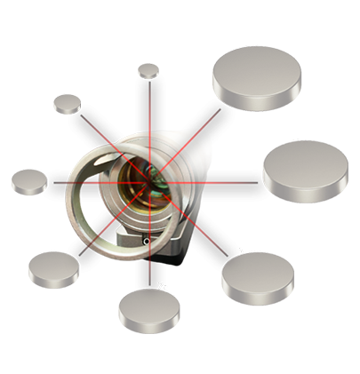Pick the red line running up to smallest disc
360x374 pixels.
(x=148, y=107)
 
